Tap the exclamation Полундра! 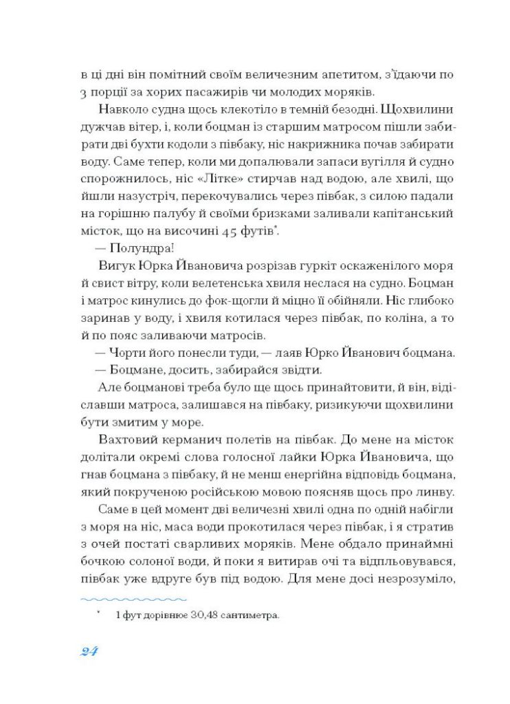127,247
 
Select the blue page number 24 87,652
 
